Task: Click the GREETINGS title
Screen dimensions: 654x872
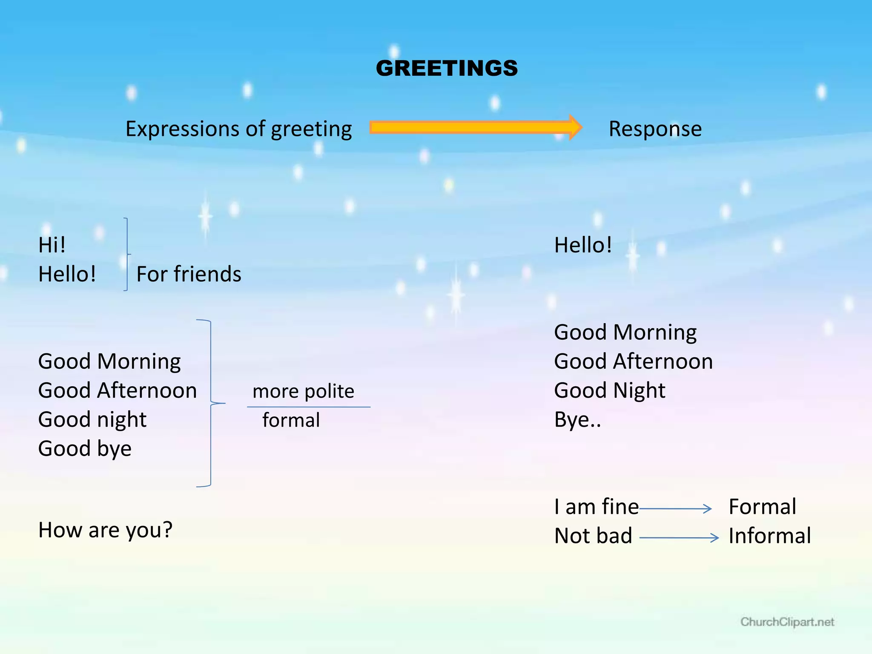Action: pos(447,69)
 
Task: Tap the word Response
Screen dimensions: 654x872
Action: pos(655,129)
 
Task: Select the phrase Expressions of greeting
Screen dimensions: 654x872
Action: pos(238,129)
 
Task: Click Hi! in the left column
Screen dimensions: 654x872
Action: pos(52,245)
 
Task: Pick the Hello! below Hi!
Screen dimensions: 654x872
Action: pos(67,274)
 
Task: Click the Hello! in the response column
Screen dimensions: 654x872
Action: pos(583,246)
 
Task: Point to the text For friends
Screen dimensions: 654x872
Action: pos(189,274)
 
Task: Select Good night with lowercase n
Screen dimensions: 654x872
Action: pos(92,420)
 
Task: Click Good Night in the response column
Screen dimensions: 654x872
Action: pos(609,390)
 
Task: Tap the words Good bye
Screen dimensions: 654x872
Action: pos(85,449)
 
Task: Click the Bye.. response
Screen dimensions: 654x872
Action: pos(577,420)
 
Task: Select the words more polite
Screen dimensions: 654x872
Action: pos(303,391)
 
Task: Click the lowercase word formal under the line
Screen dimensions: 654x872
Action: pos(291,420)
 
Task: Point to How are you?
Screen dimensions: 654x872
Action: pos(105,531)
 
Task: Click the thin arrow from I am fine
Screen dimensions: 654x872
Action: pos(675,509)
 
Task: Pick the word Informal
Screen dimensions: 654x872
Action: pos(769,536)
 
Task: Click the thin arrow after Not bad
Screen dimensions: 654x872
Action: pos(679,538)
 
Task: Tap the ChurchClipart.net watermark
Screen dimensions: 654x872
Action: pos(787,622)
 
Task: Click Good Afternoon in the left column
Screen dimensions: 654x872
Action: pos(117,390)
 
